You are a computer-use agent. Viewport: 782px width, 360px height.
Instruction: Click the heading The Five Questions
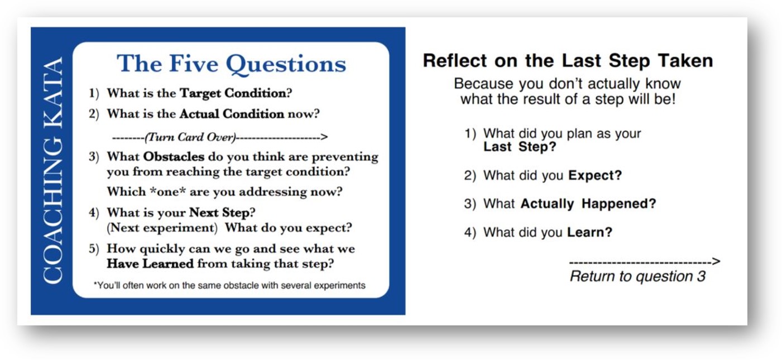[x=231, y=63]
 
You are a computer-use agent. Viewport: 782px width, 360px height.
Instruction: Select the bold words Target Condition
[x=232, y=93]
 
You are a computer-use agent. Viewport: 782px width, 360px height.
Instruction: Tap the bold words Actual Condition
[x=232, y=114]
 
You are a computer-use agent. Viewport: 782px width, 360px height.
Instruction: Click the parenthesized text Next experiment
[x=162, y=228]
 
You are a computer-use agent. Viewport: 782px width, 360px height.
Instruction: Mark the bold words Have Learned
[x=150, y=263]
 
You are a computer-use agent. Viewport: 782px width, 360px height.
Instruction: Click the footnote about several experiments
[x=229, y=285]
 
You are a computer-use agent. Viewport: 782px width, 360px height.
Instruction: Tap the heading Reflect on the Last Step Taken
[x=567, y=60]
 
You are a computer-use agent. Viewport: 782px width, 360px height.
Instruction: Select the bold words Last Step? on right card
[x=520, y=147]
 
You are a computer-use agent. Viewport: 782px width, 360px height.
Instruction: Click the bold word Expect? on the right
[x=594, y=175]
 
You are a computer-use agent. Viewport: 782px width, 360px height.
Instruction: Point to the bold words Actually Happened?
[x=588, y=204]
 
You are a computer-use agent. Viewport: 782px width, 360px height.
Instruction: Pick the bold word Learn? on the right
[x=589, y=232]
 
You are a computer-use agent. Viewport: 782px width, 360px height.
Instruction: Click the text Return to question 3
[x=637, y=276]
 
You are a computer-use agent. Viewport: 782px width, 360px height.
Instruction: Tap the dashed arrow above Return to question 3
[x=644, y=261]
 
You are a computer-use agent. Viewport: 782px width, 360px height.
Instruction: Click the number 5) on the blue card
[x=94, y=249]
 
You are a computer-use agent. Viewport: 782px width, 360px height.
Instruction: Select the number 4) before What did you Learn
[x=470, y=232]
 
